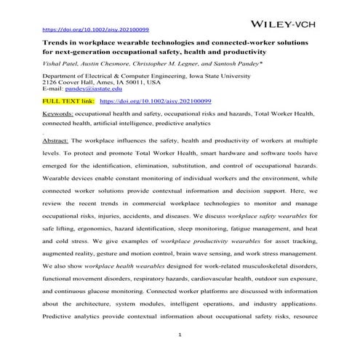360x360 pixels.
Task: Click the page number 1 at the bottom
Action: coord(179,334)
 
